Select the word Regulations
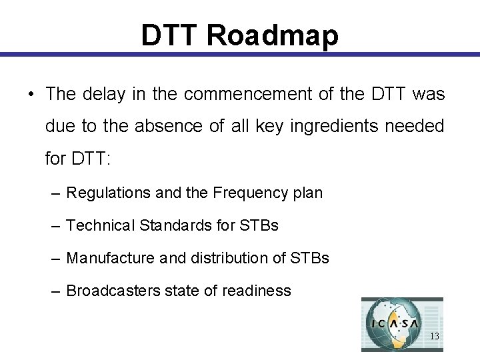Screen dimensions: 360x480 coord(109,193)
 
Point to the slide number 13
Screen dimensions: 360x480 coord(434,337)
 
